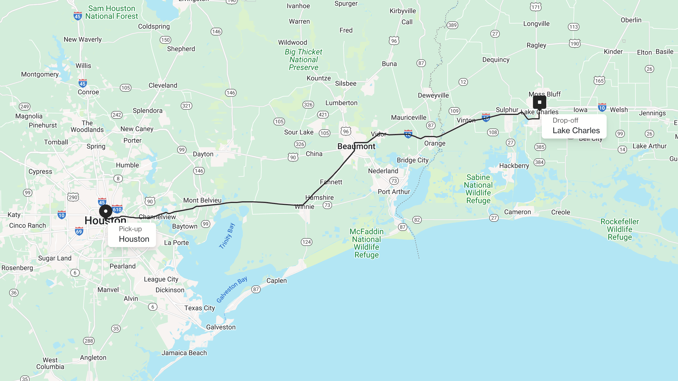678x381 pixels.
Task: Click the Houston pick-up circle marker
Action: [106, 211]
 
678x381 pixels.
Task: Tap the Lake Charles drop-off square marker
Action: [539, 102]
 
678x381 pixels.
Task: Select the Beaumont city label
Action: [356, 146]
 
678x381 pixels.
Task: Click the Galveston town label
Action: [221, 327]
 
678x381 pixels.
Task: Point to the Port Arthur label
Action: [394, 192]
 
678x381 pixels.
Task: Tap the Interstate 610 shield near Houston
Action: [117, 209]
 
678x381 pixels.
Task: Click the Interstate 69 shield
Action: [79, 231]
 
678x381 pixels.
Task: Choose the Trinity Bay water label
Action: [227, 236]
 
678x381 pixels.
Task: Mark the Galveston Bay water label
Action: [232, 289]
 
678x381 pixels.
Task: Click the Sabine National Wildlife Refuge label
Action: [478, 189]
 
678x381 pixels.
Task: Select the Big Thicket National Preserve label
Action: [304, 60]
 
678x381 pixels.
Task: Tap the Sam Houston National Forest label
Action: [112, 12]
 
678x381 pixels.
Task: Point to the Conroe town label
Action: [88, 92]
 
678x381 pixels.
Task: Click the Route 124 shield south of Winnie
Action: [306, 242]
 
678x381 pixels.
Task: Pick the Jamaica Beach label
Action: [184, 353]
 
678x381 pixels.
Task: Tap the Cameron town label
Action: [517, 212]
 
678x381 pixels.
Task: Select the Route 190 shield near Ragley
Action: [575, 43]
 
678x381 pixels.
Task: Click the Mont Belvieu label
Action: [202, 200]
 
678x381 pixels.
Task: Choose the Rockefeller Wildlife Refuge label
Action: [620, 229]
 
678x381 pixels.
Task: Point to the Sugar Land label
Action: [55, 258]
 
